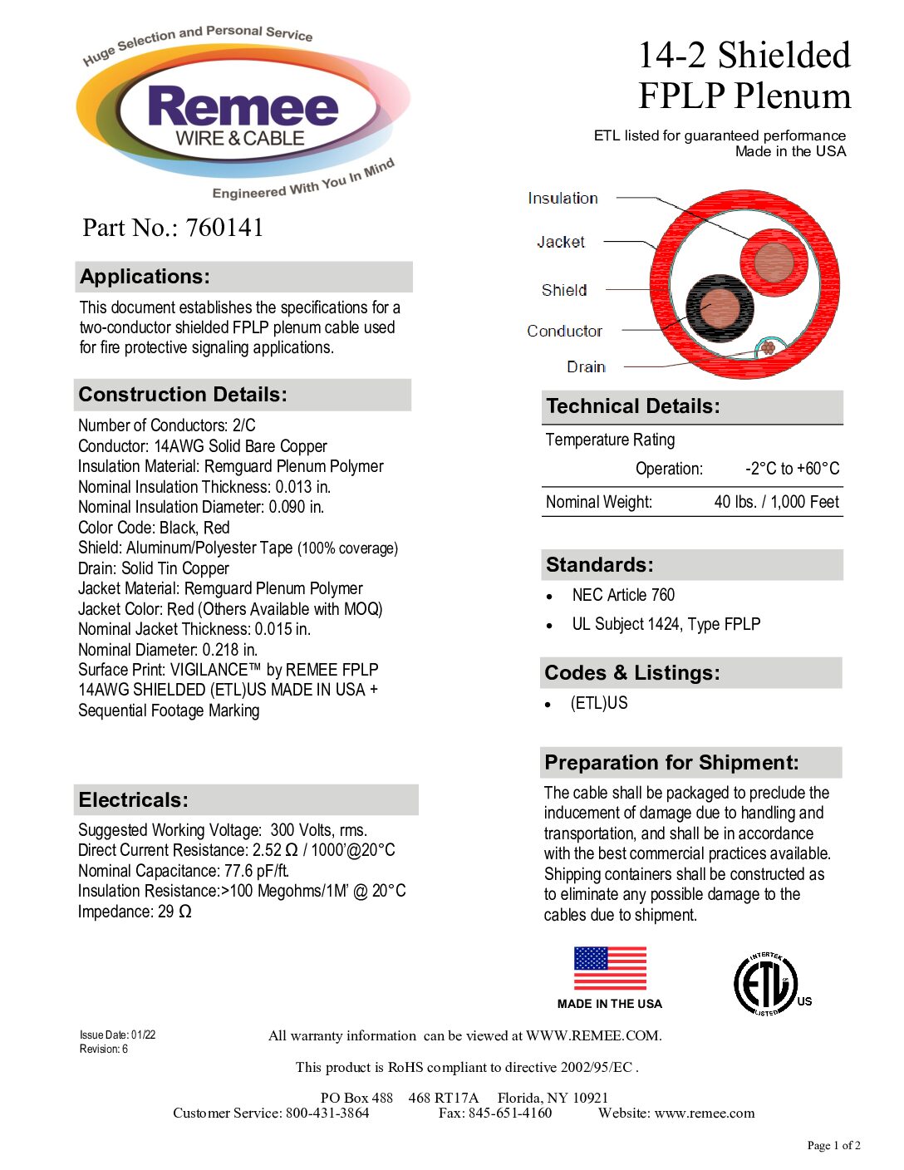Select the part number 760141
tap(224, 228)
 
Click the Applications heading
tap(145, 277)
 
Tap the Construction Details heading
tap(183, 395)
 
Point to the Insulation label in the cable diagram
tap(563, 199)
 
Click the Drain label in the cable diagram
tap(586, 367)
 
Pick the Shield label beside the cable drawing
tap(564, 290)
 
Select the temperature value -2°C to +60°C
tap(792, 469)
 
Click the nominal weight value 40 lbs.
tap(776, 502)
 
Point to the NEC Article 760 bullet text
tap(623, 595)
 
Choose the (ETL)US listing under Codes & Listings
tap(599, 703)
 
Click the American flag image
tap(610, 968)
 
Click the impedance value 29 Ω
tap(175, 912)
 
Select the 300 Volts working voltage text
tap(318, 830)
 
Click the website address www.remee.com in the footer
tap(705, 1113)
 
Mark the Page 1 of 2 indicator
tap(833, 1146)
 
